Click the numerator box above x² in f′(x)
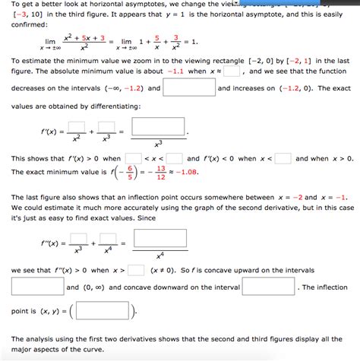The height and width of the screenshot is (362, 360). click(x=76, y=126)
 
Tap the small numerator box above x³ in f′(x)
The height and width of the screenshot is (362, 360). click(x=106, y=126)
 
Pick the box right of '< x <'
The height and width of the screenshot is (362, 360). click(x=175, y=158)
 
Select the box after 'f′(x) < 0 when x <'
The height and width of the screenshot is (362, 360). click(x=283, y=158)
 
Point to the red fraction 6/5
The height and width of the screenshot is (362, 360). click(x=130, y=173)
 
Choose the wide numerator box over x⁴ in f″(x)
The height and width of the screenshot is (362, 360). click(x=159, y=240)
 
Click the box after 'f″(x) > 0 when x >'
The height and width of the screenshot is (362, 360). click(x=136, y=270)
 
